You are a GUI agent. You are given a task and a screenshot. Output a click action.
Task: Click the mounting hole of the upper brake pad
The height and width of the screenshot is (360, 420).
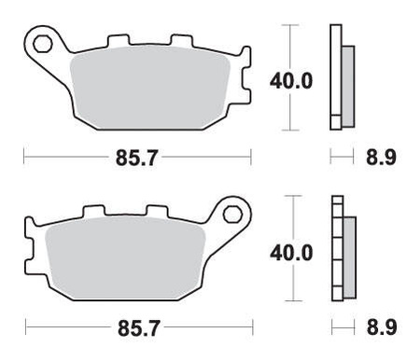click(42, 42)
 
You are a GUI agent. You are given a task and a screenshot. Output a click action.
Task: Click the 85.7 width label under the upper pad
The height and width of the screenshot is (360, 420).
click(135, 158)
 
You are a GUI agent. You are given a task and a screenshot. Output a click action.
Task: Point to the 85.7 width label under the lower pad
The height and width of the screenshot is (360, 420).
click(135, 329)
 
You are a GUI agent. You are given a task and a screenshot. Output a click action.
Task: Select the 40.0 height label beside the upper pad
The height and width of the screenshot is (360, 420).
click(290, 80)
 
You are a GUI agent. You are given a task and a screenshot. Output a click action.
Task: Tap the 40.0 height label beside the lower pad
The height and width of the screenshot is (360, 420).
click(290, 252)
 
